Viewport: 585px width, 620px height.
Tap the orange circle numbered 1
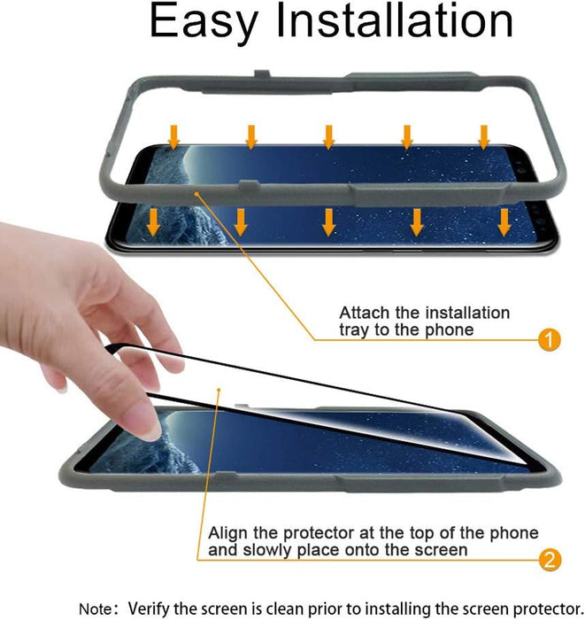[x=549, y=339]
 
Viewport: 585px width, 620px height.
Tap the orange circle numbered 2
[x=549, y=559]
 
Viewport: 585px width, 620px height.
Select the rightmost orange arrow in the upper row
[x=484, y=136]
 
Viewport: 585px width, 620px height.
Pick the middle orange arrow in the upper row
[x=328, y=136]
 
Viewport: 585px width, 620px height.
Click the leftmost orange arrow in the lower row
[x=153, y=221]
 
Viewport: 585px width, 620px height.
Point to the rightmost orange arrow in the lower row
[x=504, y=221]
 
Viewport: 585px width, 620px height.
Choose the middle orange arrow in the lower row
[x=329, y=221]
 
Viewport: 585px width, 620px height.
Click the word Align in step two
[x=227, y=533]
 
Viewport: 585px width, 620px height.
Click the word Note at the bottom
[x=96, y=608]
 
